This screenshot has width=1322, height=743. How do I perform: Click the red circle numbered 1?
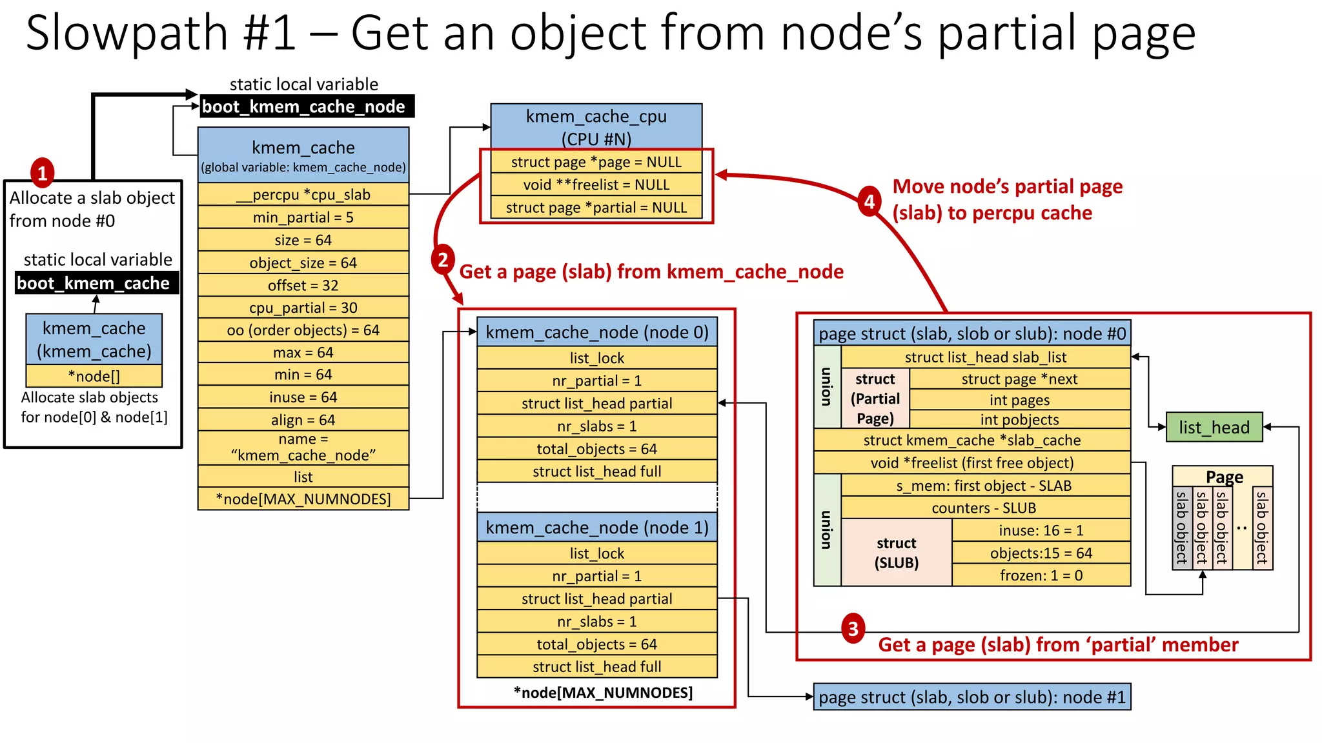tap(43, 173)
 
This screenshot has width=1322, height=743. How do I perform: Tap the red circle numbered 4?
tap(869, 202)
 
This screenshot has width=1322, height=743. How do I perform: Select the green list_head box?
tap(1214, 427)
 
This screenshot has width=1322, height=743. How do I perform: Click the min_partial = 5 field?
tap(303, 217)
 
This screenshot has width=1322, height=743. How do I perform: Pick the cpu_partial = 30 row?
tap(303, 308)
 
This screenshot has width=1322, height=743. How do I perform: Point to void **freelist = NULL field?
tap(596, 185)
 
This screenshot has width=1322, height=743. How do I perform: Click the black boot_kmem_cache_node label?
tap(304, 106)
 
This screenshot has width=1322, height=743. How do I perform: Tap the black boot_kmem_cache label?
tap(94, 283)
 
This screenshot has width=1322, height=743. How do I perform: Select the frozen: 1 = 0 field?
tap(1041, 575)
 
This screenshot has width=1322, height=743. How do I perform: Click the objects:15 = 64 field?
tap(1041, 553)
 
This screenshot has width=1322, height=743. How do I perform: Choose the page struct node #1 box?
tap(971, 697)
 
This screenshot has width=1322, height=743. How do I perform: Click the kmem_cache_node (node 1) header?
tap(596, 528)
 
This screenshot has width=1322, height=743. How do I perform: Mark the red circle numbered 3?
tap(853, 628)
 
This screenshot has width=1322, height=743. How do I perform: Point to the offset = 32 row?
tap(303, 285)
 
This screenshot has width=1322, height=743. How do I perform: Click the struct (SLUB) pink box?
tap(896, 553)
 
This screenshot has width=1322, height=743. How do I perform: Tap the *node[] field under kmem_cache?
tap(94, 376)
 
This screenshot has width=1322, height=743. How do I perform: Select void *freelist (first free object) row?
tap(971, 462)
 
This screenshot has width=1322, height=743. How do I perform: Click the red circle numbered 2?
tap(443, 259)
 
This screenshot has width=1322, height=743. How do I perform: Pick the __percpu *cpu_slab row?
tap(303, 195)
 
